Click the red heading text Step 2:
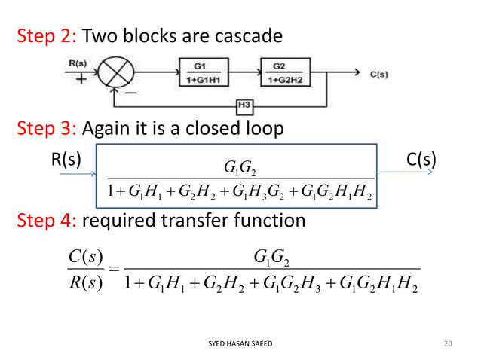tap(46, 35)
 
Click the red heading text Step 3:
tap(46, 129)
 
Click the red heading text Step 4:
tap(46, 221)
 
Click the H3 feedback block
tap(244, 103)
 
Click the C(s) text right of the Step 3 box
tap(423, 160)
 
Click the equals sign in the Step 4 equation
tap(112, 270)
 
